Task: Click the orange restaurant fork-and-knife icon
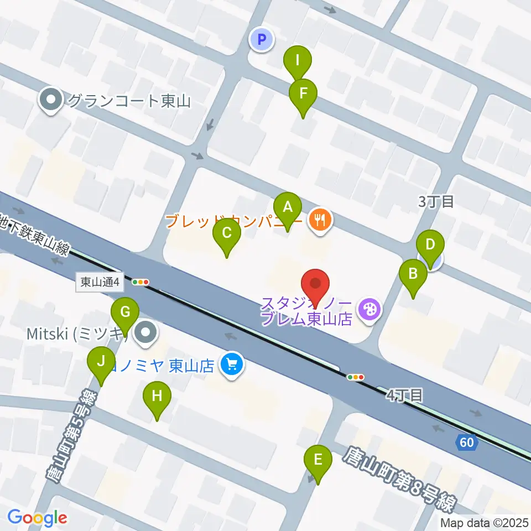click(320, 221)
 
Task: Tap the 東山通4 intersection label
click(100, 282)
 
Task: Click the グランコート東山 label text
click(128, 101)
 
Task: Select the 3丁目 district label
click(436, 202)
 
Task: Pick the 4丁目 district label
click(404, 395)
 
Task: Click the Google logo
click(37, 518)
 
